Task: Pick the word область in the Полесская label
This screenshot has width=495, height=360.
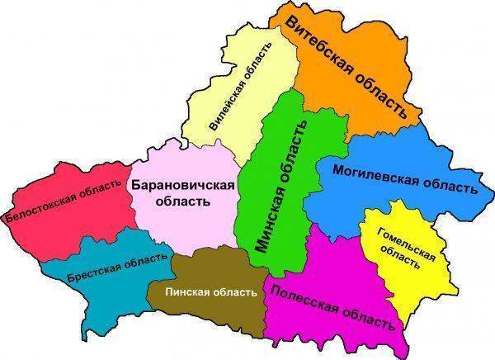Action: pos(365,315)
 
